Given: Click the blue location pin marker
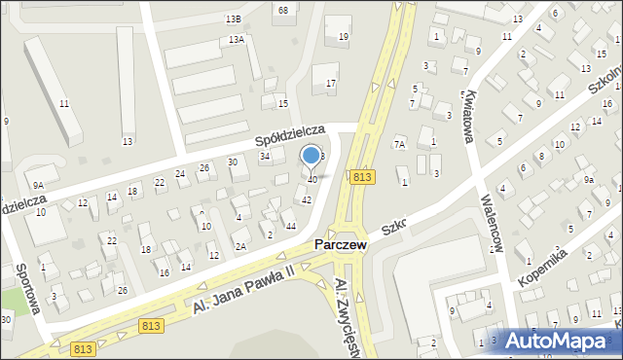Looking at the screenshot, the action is [311, 157].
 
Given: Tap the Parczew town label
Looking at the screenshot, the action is [340, 246].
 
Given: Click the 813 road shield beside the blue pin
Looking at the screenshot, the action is [363, 176].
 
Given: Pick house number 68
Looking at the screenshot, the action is [283, 10].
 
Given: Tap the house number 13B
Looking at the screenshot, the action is [232, 18].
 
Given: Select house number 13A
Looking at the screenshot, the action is [237, 40].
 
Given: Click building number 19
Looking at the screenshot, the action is [343, 37].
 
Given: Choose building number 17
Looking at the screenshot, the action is [331, 84].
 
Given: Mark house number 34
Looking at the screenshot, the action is [264, 156].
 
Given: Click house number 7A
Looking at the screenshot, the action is [399, 144].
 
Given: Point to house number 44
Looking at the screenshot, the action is [291, 226].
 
